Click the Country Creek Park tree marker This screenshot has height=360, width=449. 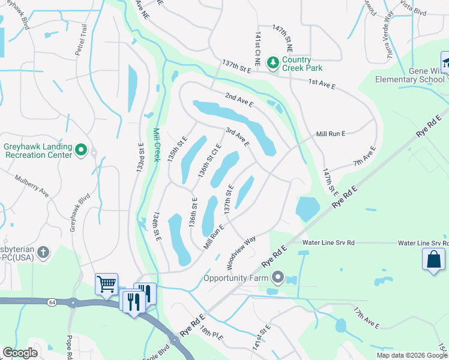pyautogui.click(x=273, y=62)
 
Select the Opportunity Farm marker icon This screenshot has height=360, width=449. pyautogui.click(x=277, y=278)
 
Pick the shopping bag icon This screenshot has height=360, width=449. pyautogui.click(x=433, y=260)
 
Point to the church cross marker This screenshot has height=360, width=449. pyautogui.click(x=43, y=253)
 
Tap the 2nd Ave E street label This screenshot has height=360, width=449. pyautogui.click(x=240, y=100)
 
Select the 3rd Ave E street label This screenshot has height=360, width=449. pyautogui.click(x=237, y=136)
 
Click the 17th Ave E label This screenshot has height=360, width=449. pyautogui.click(x=366, y=319)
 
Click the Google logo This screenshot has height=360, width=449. pyautogui.click(x=20, y=353)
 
